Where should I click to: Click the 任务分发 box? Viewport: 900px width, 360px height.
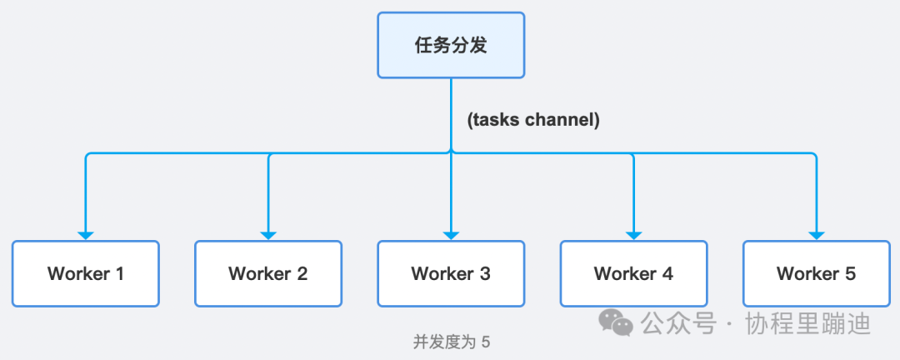451,45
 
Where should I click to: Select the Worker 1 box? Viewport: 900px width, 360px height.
86,273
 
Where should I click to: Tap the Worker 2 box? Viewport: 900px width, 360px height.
268,273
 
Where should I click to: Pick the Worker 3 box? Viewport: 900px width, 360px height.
451,273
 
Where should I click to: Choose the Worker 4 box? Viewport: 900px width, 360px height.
633,273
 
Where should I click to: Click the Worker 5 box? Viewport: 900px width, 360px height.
816,273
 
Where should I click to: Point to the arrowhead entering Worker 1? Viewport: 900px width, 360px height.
86,235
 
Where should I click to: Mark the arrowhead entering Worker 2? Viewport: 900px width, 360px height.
268,235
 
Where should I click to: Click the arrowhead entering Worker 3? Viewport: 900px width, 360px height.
451,235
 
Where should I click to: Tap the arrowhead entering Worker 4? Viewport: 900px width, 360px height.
633,235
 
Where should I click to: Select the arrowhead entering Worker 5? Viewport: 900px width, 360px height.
816,235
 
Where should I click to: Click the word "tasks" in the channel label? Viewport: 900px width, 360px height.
497,120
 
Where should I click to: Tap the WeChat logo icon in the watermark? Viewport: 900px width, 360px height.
618,322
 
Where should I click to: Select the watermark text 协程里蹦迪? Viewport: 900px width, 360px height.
808,322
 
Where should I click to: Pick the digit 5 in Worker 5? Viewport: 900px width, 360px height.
850,273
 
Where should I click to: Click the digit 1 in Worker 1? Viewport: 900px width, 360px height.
119,273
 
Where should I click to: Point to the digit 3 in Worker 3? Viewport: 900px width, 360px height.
485,273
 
